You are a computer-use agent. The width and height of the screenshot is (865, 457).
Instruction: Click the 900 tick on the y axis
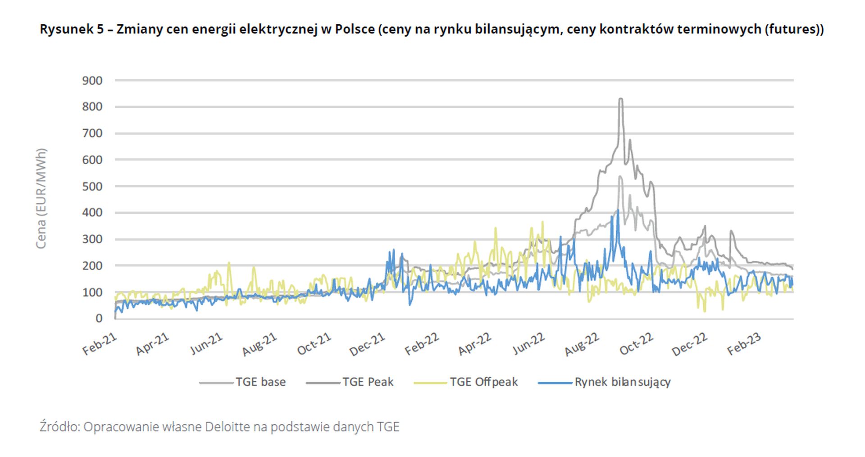click(92, 81)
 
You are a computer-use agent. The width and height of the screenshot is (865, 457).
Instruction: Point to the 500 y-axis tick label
click(92, 186)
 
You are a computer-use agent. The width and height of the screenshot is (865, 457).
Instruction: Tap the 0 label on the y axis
click(99, 318)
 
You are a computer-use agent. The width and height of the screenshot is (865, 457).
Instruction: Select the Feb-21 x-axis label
click(100, 344)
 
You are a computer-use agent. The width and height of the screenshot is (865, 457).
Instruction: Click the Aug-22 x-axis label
click(582, 344)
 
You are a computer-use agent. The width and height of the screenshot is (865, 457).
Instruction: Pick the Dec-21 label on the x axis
click(368, 344)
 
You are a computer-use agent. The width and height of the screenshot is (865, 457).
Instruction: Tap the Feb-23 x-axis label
click(744, 344)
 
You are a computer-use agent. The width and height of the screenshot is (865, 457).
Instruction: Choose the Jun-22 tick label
click(528, 344)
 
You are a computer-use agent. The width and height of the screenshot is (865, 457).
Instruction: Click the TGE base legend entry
click(260, 382)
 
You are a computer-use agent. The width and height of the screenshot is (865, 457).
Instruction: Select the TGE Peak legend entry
click(368, 382)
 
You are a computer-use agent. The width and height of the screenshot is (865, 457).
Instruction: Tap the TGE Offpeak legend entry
click(483, 382)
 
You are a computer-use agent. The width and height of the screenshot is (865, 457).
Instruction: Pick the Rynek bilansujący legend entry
click(622, 382)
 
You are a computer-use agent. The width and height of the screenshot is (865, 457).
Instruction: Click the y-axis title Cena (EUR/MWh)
click(41, 198)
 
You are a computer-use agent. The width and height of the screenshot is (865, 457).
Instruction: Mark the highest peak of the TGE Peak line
click(621, 99)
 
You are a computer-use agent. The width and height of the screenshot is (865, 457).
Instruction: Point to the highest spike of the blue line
click(618, 210)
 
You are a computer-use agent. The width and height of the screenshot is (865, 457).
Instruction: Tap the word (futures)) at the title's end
click(794, 29)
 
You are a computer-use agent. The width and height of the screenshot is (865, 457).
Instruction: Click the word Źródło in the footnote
click(59, 427)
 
